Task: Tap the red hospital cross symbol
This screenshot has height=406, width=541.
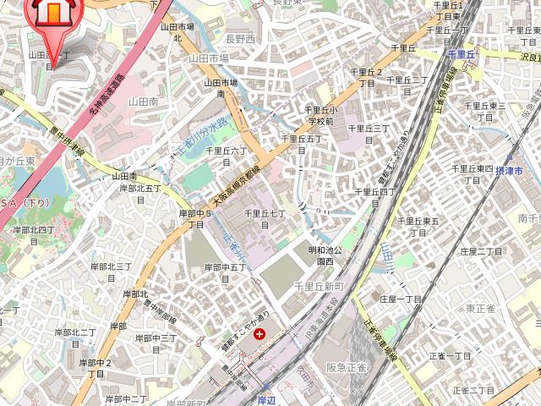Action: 260,334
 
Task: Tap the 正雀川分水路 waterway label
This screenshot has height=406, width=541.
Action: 202,137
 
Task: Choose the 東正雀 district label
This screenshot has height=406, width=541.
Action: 481,309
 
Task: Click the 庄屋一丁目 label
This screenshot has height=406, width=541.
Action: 401,299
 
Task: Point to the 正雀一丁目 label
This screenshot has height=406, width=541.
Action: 450,355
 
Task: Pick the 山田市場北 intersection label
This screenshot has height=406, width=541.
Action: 178,32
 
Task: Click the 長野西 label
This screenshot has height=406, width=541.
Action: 240,39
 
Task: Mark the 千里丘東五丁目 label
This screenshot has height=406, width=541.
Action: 418,226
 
